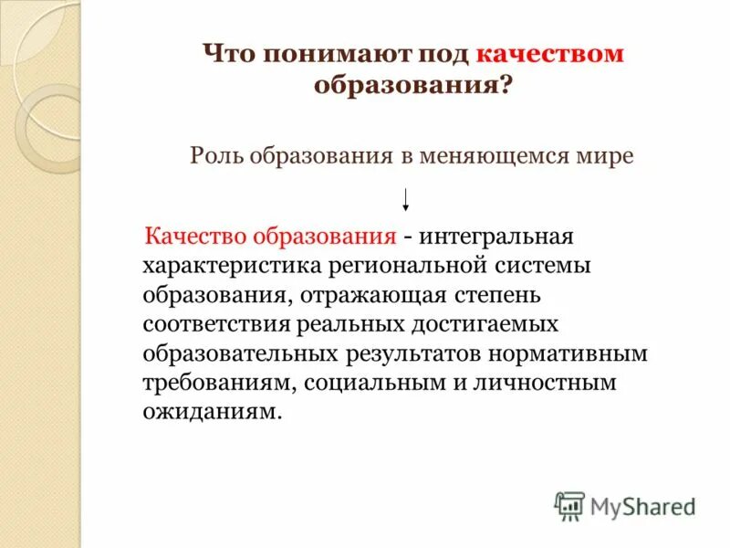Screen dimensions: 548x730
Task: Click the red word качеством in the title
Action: [x=549, y=53]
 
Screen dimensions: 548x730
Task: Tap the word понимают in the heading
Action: [x=325, y=53]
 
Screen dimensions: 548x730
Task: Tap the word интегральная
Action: [x=496, y=237]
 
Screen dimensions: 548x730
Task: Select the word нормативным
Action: [x=572, y=353]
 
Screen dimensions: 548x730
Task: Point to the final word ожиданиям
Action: [x=207, y=412]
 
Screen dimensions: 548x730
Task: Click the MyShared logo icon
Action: [x=569, y=505]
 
